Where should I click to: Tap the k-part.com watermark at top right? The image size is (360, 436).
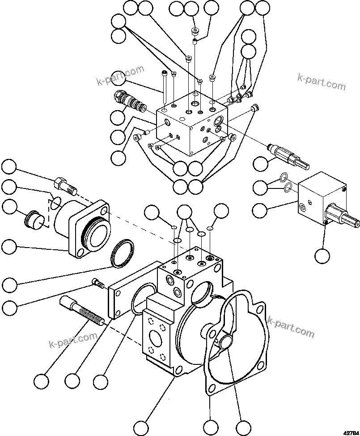click(x=321, y=82)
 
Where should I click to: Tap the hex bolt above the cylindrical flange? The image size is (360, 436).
click(x=64, y=184)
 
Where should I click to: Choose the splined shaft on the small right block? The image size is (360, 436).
click(x=344, y=217)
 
